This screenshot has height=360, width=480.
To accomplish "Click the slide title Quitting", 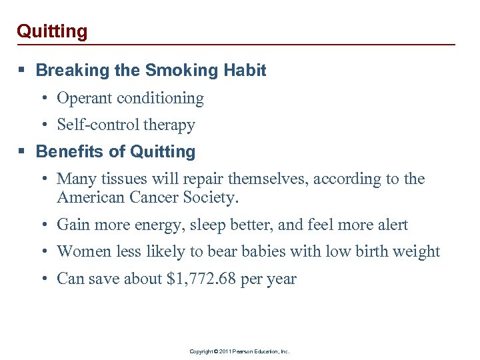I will (x=52, y=31).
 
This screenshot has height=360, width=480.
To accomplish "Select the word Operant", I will (x=85, y=99).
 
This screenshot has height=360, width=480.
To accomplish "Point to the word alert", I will (x=390, y=225).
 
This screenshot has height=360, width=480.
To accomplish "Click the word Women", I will (x=83, y=252).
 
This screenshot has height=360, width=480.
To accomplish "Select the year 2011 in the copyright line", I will (x=223, y=351).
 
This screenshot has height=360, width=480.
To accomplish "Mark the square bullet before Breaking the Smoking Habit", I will (x=24, y=71).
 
